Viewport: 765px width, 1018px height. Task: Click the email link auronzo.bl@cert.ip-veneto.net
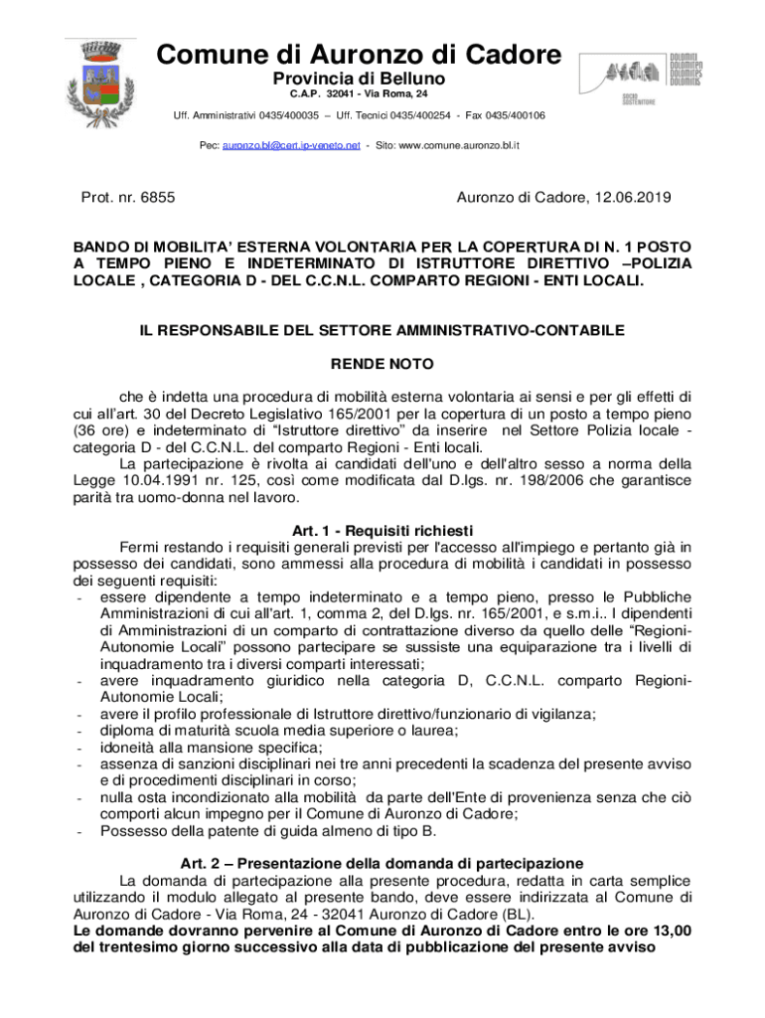pyautogui.click(x=290, y=145)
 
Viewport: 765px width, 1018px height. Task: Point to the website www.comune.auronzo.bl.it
pyautogui.click(x=459, y=145)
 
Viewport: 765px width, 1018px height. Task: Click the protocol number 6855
pyautogui.click(x=157, y=198)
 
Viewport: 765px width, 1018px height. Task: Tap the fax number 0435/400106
pyautogui.click(x=511, y=116)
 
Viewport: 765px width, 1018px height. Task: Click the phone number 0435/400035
pyautogui.click(x=272, y=116)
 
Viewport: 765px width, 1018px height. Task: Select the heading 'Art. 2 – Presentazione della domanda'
pyautogui.click(x=382, y=862)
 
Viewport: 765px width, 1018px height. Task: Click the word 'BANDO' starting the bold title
pyautogui.click(x=104, y=246)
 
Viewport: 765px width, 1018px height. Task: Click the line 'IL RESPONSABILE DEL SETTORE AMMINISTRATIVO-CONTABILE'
pyautogui.click(x=382, y=329)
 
